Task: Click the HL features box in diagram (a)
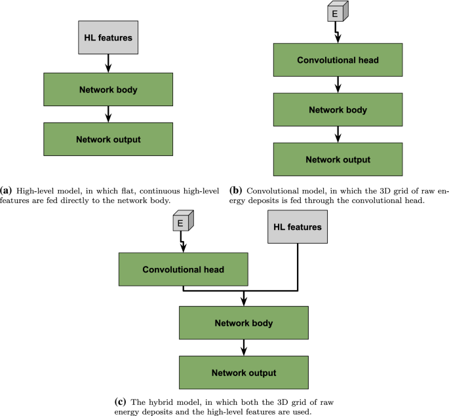pos(108,38)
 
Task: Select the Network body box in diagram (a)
pos(108,90)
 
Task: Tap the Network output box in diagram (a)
pos(108,139)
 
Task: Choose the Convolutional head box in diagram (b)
pos(338,61)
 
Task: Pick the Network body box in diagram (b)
pos(338,110)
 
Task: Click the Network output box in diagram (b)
pos(338,159)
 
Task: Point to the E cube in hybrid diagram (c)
pos(181,223)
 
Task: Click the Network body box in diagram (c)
pos(243,323)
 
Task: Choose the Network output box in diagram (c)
pos(243,373)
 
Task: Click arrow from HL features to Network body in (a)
pos(108,63)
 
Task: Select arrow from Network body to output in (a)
pos(108,114)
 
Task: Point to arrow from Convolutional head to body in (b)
pos(338,85)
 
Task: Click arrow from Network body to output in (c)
pos(243,348)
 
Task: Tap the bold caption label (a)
pos(7,191)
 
